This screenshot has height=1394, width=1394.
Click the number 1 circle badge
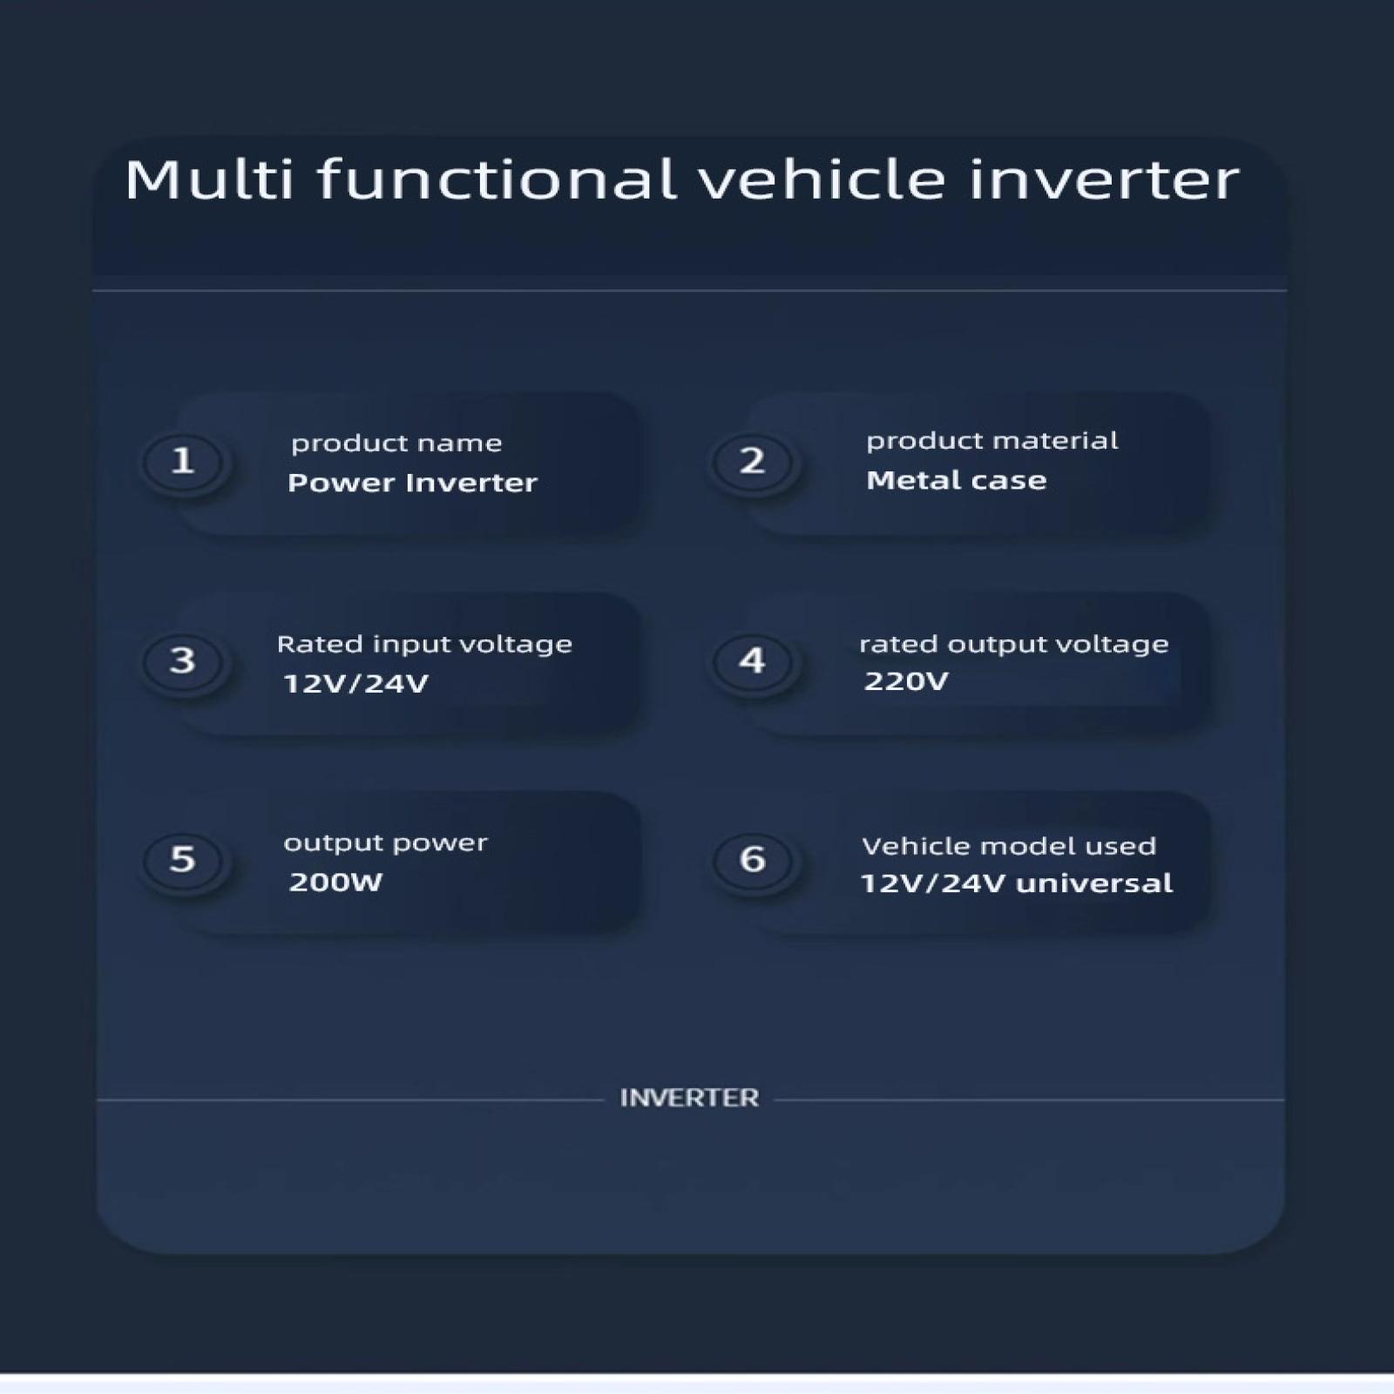point(182,461)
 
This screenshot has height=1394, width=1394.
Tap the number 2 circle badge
point(753,461)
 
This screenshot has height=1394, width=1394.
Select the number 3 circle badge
point(182,660)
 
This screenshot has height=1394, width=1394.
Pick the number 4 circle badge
point(753,660)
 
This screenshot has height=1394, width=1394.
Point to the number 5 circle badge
point(182,860)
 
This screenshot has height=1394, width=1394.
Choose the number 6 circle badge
point(753,860)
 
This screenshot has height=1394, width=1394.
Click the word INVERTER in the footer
point(689,1098)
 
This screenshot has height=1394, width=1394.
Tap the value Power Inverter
point(412,483)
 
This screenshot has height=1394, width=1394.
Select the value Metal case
point(956,480)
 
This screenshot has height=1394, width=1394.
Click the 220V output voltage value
point(905,681)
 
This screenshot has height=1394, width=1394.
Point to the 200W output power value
point(335,883)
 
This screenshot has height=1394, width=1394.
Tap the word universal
point(1094,883)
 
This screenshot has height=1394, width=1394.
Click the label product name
point(396,444)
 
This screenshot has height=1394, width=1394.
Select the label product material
point(991,442)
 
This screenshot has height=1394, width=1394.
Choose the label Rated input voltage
point(424,645)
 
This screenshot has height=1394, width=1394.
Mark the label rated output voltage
point(1013,645)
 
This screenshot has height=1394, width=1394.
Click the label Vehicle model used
point(1009,846)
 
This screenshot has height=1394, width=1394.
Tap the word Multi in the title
point(209,179)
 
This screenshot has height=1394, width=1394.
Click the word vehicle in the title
point(822,179)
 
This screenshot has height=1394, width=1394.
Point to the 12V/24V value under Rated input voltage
point(355,684)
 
